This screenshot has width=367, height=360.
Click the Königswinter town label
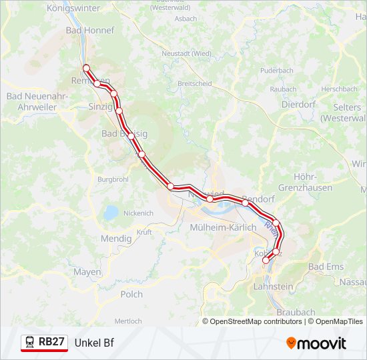pos(73,9)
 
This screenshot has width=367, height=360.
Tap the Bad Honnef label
pos(90,31)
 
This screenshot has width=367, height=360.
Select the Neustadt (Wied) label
pos(187,53)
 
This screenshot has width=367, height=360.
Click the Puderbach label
pos(277,70)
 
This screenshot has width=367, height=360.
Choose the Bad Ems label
pos(326,267)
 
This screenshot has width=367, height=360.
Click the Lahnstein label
pos(274,287)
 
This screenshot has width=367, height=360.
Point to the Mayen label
pos(87,272)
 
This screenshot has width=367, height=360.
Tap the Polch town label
pos(131,294)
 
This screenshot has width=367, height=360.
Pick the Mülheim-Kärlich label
pos(224,227)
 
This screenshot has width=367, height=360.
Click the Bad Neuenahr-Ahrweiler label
pos(37,101)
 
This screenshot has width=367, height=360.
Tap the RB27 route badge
pos(45,343)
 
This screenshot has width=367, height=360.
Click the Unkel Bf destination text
pos(94,343)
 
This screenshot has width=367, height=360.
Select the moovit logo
pos(316,343)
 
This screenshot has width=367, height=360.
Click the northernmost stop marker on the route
pos(86,67)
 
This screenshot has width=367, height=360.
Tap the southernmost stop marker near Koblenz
pos(266,261)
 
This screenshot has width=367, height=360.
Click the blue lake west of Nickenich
pos(111,213)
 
